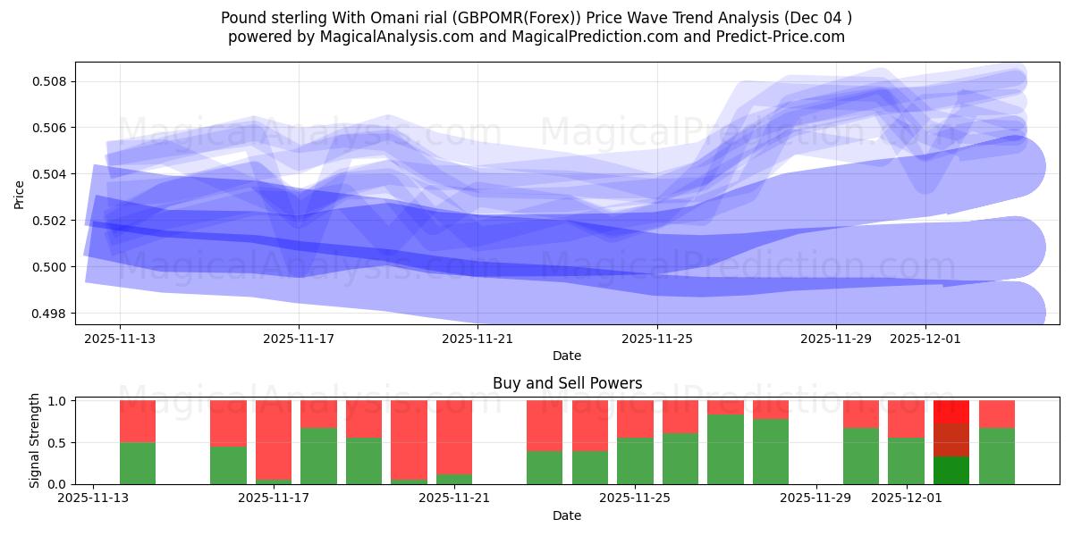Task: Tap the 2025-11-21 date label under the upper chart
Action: (477, 339)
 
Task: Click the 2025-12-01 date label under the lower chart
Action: (907, 498)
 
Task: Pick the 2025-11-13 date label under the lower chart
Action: (93, 498)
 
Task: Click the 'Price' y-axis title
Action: (19, 193)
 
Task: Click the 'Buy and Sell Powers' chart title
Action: (567, 383)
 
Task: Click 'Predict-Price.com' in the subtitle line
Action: (784, 37)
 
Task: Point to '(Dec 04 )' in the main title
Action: (817, 18)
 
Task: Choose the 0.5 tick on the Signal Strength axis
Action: (59, 443)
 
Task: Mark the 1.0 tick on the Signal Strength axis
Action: (59, 401)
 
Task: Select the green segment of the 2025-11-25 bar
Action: (635, 461)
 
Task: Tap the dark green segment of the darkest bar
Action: (951, 471)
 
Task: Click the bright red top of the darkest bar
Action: (951, 412)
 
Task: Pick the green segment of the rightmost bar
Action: (997, 456)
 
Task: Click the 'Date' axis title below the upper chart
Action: (567, 356)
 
